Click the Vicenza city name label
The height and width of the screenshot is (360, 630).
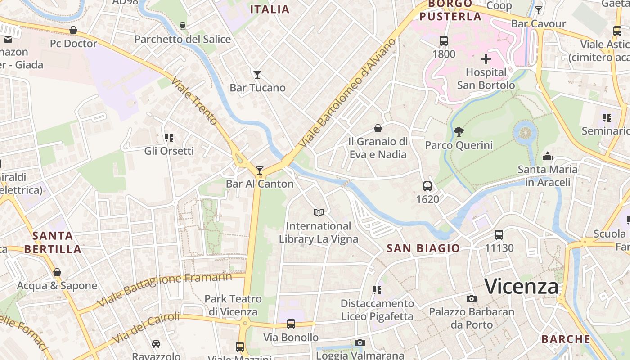click(x=522, y=286)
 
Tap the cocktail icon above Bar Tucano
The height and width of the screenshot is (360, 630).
click(x=257, y=74)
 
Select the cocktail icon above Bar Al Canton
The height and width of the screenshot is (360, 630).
click(x=260, y=170)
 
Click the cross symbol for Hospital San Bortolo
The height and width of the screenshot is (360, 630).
click(x=486, y=59)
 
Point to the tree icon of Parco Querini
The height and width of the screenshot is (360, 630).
click(x=459, y=132)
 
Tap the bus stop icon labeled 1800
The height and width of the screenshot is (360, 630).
click(x=444, y=41)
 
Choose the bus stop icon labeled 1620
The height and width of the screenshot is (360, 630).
click(x=427, y=186)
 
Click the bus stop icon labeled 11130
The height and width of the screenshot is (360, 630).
click(x=499, y=234)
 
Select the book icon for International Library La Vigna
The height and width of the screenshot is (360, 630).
click(x=319, y=212)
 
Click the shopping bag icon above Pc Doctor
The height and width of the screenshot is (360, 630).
click(x=73, y=30)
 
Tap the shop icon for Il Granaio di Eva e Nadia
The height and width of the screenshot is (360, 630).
click(x=378, y=128)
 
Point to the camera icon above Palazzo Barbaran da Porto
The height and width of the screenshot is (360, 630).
click(x=471, y=298)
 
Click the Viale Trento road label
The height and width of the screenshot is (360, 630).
click(x=194, y=103)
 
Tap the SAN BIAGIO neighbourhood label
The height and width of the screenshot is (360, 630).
click(x=423, y=248)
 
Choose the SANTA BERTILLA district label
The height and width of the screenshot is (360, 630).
click(x=53, y=242)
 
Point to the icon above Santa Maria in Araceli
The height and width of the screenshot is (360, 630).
click(x=548, y=156)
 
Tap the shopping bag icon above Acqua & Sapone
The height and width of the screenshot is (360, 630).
click(x=57, y=272)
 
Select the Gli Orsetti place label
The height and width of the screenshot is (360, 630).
click(x=169, y=151)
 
